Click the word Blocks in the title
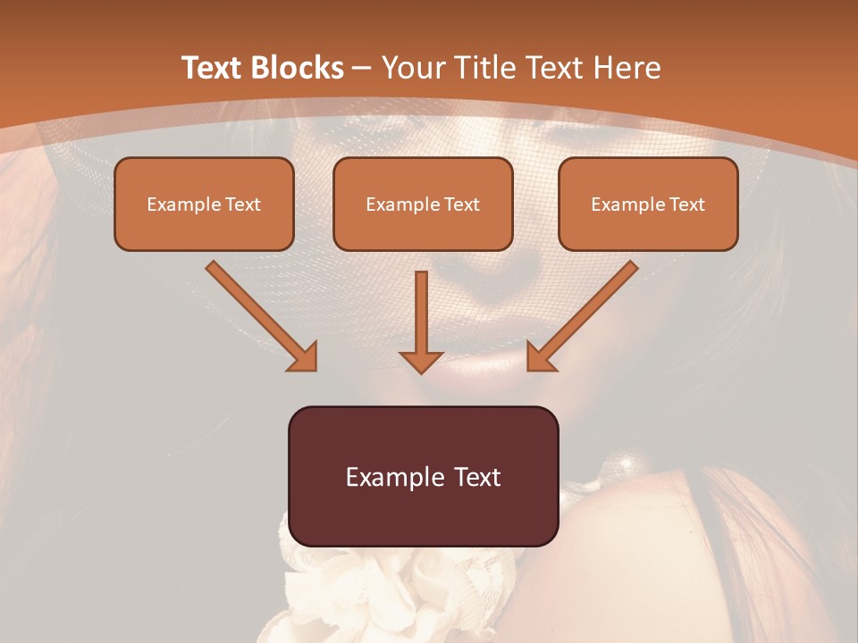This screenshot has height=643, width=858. point(299,68)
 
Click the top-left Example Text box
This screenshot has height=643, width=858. point(204,204)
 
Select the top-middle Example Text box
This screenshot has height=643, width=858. point(423,204)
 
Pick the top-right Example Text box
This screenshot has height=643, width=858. point(648,204)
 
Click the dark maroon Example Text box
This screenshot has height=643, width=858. point(423,476)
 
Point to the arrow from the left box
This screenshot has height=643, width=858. point(259,313)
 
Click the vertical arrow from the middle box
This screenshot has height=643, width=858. point(421,313)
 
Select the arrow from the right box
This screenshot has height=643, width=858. point(585,313)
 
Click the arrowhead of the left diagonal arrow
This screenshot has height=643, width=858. point(304,357)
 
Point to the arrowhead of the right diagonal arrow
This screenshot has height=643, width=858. point(540,357)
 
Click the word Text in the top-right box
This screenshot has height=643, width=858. point(686,204)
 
